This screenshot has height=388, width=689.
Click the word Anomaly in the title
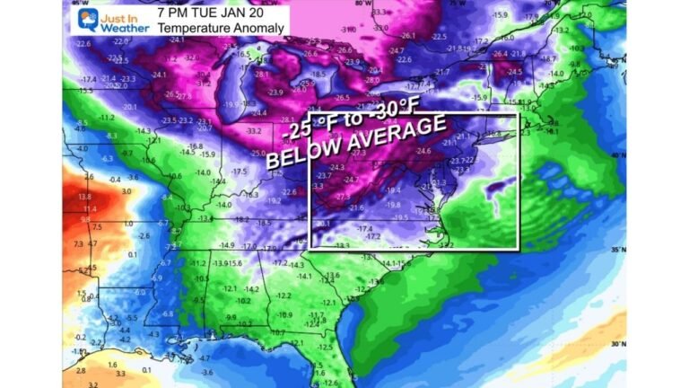[x=258, y=29]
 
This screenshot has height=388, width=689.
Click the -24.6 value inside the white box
[x=423, y=152]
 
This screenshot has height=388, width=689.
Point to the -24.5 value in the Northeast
[x=514, y=72]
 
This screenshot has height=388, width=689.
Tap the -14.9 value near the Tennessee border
[x=226, y=244]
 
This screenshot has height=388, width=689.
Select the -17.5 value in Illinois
[x=239, y=172]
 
